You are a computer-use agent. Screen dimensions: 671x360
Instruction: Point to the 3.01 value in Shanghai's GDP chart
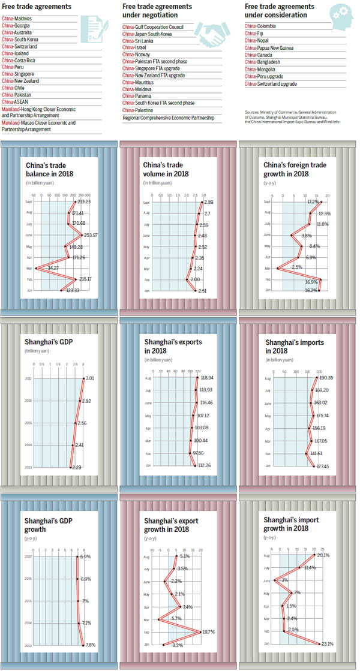pos(89,378)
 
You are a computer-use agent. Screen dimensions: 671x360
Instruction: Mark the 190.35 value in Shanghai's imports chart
pos(326,378)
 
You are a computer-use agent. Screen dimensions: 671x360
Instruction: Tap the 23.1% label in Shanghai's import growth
pos(327,643)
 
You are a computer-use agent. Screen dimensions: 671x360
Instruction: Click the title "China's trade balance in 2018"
pos(50,168)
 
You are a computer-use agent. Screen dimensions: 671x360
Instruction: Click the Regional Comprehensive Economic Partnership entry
pos(167,118)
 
